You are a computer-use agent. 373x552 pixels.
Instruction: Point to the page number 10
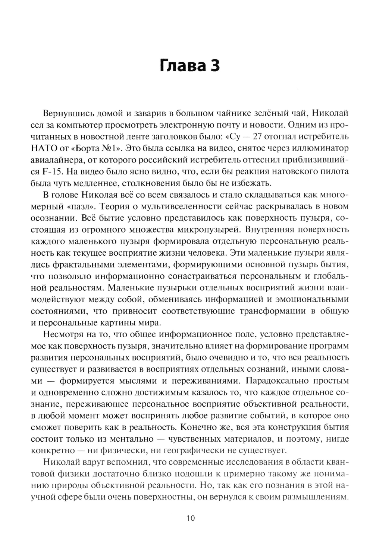(190, 518)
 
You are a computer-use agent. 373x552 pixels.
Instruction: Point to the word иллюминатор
(320, 148)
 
